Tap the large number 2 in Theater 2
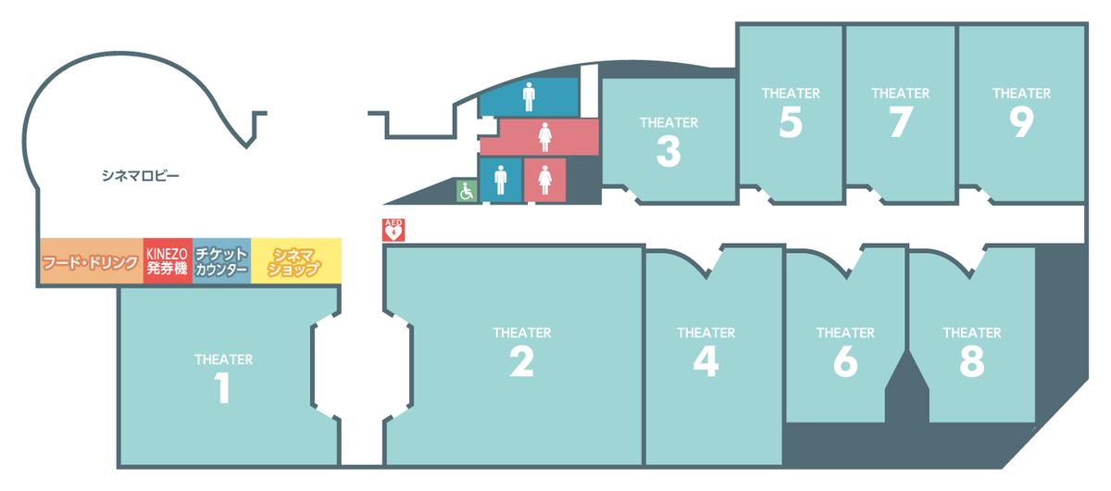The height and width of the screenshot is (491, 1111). (x=521, y=360)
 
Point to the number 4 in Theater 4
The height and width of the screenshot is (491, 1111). (x=705, y=360)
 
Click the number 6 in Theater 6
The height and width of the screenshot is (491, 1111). (x=844, y=360)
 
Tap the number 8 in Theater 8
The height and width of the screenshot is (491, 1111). (x=971, y=360)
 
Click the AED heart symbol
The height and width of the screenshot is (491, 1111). (x=393, y=232)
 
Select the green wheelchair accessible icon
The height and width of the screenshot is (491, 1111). (x=466, y=192)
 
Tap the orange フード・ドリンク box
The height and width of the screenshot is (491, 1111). (x=90, y=262)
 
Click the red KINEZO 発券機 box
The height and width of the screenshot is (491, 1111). (x=168, y=262)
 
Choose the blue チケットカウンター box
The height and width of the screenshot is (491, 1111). (x=221, y=262)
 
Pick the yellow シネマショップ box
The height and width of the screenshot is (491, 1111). (x=295, y=262)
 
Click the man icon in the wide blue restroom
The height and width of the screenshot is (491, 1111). (x=529, y=95)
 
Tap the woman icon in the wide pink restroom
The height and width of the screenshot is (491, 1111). (x=545, y=137)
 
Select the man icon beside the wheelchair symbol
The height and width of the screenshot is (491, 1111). (x=501, y=179)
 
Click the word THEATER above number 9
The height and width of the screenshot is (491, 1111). (x=1021, y=94)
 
